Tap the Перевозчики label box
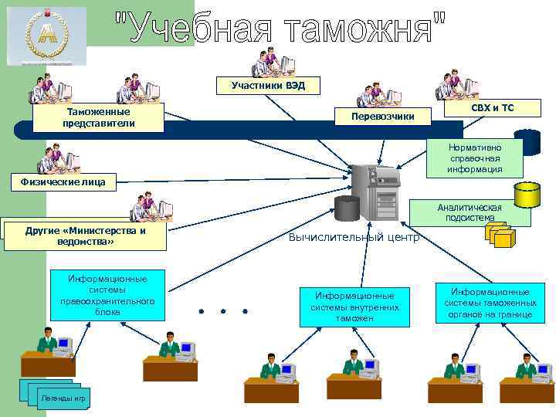coord(382,116)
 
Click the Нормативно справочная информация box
coord(475,158)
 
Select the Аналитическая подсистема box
coord(469,212)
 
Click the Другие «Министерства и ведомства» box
coord(85,236)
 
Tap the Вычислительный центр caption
coord(353,237)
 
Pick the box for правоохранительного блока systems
coord(107,294)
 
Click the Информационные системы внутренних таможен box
coord(354,307)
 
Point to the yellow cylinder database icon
coord(527,195)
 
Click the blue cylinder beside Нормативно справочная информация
coord(528,143)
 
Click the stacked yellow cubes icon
coord(499,235)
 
